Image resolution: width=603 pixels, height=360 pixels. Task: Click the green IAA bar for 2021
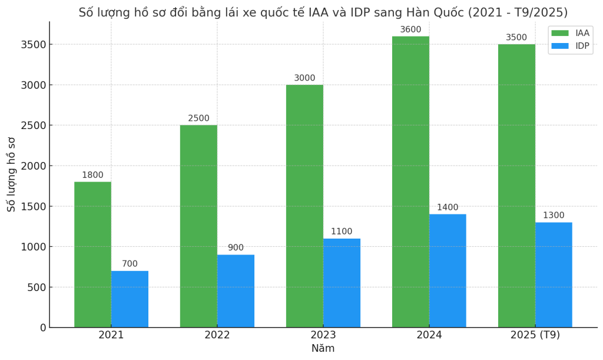coord(92,255)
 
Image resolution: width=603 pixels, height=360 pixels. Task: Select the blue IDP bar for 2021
coord(130,299)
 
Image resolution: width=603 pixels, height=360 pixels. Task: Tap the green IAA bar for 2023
coord(304,206)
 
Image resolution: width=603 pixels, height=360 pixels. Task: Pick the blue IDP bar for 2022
coord(236,291)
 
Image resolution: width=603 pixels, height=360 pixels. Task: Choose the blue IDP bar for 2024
coord(448,271)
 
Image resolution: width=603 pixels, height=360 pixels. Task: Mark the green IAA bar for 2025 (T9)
coord(516,186)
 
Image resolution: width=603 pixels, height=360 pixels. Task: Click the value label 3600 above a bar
coord(410,30)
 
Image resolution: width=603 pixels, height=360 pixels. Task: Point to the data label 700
coord(130,264)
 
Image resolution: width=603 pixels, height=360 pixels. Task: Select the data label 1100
coord(342,232)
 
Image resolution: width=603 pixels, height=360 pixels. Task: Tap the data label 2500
coord(198,118)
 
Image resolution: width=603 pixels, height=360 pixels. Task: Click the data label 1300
coord(554,216)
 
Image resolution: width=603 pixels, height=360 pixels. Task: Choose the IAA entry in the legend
coord(570,34)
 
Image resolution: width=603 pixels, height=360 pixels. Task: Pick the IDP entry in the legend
coord(570,46)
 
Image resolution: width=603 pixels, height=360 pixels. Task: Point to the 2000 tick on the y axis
coord(34,166)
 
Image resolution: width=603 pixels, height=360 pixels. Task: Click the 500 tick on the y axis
coord(37,287)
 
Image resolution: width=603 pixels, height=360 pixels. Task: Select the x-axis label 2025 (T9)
coord(535,335)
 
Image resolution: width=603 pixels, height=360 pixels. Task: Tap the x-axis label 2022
coord(217,335)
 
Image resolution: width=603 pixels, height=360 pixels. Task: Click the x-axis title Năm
coord(323,348)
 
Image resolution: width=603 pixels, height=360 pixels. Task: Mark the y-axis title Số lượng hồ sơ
coord(12,174)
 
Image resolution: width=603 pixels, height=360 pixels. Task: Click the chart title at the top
coord(323,12)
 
